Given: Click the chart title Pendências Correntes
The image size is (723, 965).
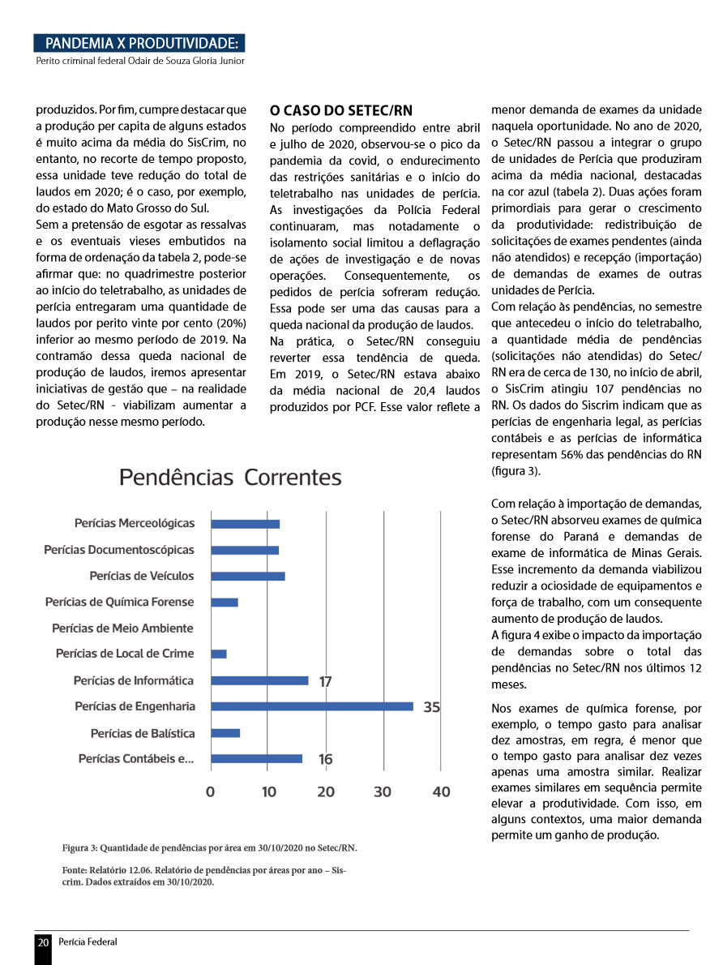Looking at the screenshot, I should click(x=230, y=477).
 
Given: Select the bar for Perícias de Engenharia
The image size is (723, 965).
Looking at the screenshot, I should click(x=312, y=706).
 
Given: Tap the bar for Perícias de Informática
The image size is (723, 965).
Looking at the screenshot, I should click(x=259, y=680).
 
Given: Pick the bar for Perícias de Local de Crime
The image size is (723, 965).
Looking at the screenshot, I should click(x=219, y=654).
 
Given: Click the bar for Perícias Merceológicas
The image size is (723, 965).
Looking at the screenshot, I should click(x=245, y=524).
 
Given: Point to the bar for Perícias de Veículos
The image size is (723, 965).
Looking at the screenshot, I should click(x=247, y=576).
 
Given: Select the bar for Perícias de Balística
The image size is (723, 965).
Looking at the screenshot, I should click(x=225, y=733).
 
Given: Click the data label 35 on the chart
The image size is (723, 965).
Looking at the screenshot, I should click(x=431, y=707).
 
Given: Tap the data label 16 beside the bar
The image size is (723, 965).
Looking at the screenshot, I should click(x=325, y=760).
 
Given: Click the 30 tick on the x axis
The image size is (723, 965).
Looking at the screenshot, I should click(x=383, y=791).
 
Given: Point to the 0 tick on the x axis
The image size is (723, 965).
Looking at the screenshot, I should click(x=211, y=791).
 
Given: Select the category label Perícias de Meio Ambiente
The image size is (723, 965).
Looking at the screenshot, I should click(x=122, y=628).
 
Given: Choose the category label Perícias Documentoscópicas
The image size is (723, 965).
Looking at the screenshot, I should click(x=119, y=550).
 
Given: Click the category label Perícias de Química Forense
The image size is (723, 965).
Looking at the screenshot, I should click(x=119, y=602).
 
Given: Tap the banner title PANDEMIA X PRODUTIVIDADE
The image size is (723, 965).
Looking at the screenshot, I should click(x=142, y=43).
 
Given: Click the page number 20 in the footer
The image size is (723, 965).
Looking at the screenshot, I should click(x=43, y=942).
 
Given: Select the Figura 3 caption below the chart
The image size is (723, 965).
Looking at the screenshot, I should click(x=209, y=848).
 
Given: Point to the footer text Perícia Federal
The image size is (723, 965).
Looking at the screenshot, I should click(x=88, y=942).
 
